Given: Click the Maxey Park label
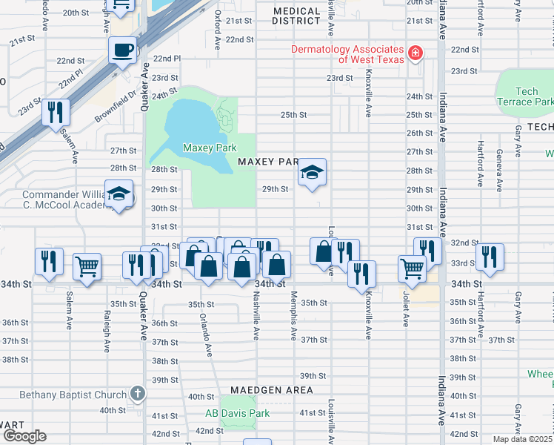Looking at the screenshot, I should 210,148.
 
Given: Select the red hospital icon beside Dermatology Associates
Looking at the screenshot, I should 415,53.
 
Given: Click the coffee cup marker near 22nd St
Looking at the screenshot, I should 122,50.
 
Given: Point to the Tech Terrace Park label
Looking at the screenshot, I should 526,96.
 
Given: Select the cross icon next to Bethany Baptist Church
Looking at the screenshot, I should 136,393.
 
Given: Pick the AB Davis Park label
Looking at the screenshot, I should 238,413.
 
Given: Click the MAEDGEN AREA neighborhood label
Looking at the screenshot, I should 271,389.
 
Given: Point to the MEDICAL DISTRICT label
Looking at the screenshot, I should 297,16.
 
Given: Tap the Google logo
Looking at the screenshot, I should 24,436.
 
